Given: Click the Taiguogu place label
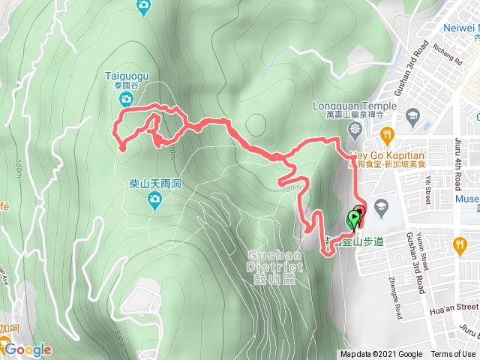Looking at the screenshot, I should (127, 76).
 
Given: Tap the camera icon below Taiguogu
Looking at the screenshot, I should (127, 99).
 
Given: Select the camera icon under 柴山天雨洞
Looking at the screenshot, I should (154, 199).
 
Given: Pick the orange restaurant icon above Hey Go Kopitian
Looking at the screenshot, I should (387, 136).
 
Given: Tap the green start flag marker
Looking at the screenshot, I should (352, 220).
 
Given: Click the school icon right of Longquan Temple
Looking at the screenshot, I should (412, 115).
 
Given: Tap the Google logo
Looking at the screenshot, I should (27, 349).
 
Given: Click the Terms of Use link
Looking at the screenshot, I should (453, 355).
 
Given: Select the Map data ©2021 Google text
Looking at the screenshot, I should (380, 355).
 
